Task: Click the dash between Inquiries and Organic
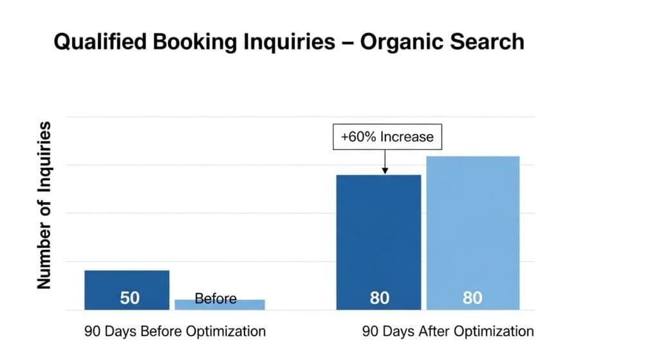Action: (x=348, y=43)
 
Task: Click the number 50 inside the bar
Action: (x=130, y=298)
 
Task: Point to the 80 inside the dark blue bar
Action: (x=380, y=298)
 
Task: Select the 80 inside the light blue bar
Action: (x=472, y=298)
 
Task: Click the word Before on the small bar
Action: (x=216, y=299)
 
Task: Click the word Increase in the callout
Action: (x=407, y=137)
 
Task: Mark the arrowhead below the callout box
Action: (x=385, y=170)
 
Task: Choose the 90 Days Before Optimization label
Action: (x=175, y=332)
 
